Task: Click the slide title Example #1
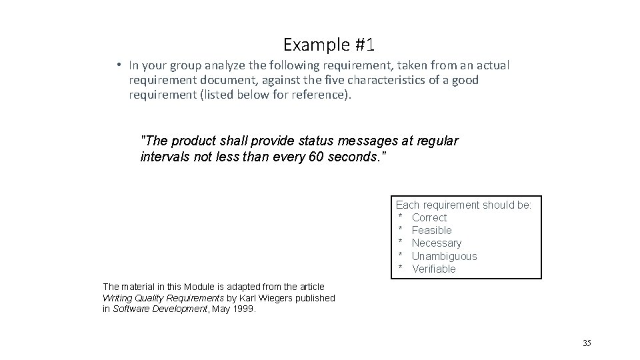(x=329, y=45)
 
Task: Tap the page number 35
(x=587, y=343)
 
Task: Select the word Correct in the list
(x=429, y=217)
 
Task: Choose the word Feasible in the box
(x=431, y=230)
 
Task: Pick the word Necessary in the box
(x=436, y=243)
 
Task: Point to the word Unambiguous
(x=444, y=256)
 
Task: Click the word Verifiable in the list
(x=433, y=269)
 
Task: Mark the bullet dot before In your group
(x=117, y=65)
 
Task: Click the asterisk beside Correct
(x=401, y=218)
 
